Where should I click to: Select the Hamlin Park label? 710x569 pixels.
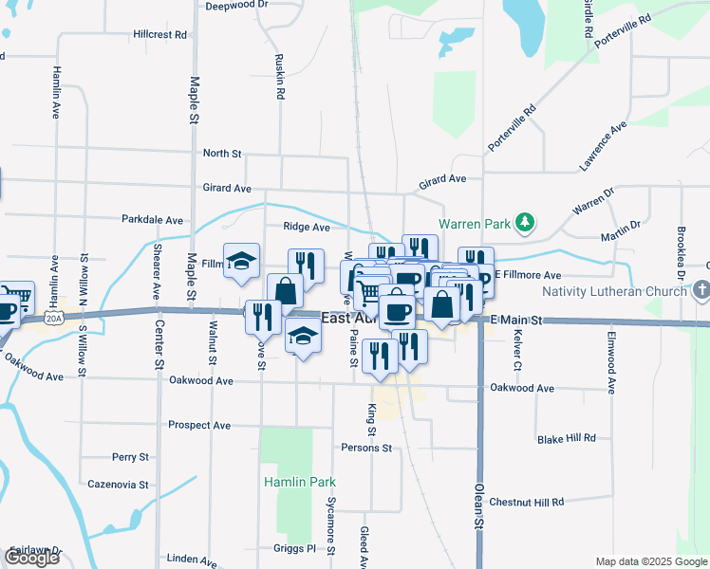click(x=299, y=482)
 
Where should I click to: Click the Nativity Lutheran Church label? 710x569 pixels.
click(x=614, y=291)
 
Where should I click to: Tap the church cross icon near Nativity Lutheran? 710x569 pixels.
click(x=701, y=288)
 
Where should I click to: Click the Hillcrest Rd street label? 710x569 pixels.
click(x=159, y=34)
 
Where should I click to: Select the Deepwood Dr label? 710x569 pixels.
click(x=236, y=5)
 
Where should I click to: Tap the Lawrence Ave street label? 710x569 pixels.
click(x=604, y=146)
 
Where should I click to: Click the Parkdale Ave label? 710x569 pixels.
click(x=152, y=219)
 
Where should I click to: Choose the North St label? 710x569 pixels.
click(x=223, y=153)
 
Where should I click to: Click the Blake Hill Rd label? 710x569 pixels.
click(x=566, y=438)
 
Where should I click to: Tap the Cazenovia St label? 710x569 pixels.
click(x=117, y=485)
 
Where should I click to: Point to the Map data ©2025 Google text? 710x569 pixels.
click(x=650, y=561)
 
